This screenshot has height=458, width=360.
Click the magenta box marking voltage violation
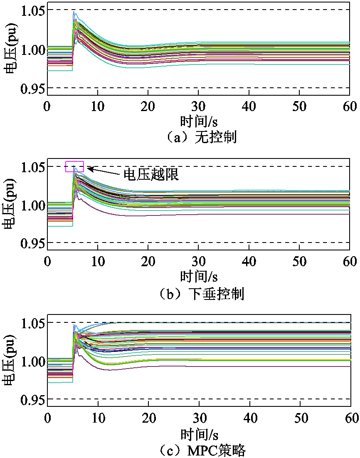coord(75,166)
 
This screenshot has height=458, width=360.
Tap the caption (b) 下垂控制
coord(202,294)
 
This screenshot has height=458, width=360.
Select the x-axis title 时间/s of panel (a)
coord(199,122)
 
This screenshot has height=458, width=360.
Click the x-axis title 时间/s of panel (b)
coord(199,277)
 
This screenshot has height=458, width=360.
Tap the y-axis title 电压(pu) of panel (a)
coord(9,49)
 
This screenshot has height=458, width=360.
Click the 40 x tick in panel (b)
coord(249,262)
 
